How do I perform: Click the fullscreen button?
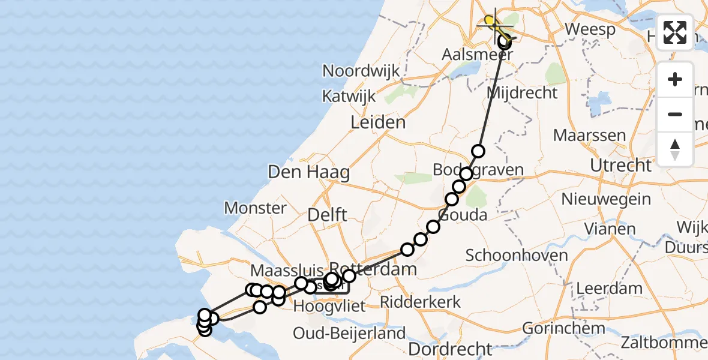[x=675, y=32]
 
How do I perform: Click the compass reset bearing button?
[x=675, y=149]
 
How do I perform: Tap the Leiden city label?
[x=379, y=123]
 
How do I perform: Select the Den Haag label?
[x=308, y=173]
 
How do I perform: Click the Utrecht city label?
[x=620, y=165]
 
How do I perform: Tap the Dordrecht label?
[x=450, y=349]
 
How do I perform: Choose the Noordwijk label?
[x=361, y=71]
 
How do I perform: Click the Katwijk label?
[x=348, y=96]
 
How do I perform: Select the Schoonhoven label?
[x=517, y=256]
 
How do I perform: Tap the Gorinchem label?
[x=563, y=328]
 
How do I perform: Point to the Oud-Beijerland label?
[x=349, y=333]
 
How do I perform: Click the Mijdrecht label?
[x=522, y=93]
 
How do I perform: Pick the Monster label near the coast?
[x=255, y=208]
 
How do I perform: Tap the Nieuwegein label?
[x=606, y=199]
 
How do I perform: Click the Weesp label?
[x=590, y=29]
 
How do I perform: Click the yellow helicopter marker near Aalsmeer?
[x=491, y=23]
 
